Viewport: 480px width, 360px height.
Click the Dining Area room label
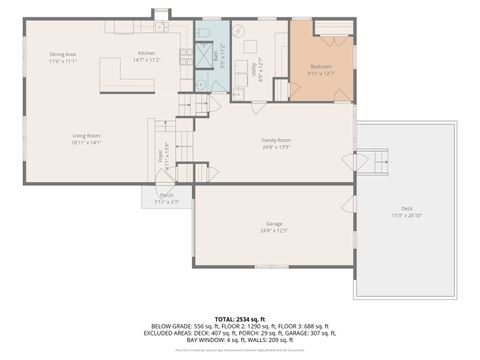tap(63, 57)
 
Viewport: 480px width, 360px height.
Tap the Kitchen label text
tap(147, 57)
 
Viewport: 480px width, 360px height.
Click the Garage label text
tap(274, 227)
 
